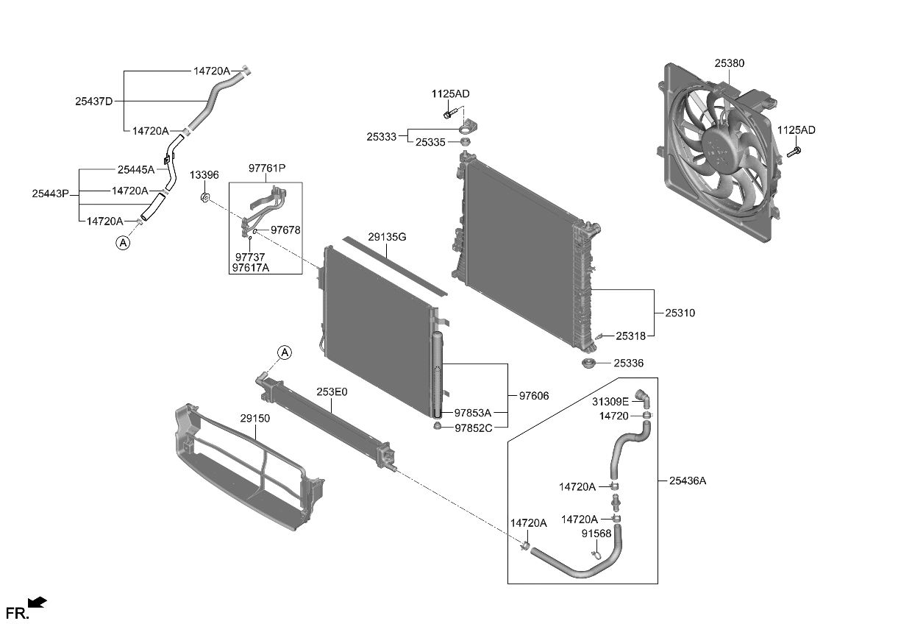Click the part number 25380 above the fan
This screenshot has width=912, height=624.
pyautogui.click(x=729, y=64)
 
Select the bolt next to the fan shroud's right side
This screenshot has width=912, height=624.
pyautogui.click(x=794, y=153)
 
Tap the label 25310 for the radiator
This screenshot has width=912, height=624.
pyautogui.click(x=680, y=313)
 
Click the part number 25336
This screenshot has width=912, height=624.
pyautogui.click(x=629, y=363)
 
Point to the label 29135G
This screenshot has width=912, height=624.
pyautogui.click(x=387, y=237)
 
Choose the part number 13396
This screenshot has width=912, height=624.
pyautogui.click(x=204, y=175)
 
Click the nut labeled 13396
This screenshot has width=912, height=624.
pyautogui.click(x=205, y=196)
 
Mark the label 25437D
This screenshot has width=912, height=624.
pyautogui.click(x=93, y=102)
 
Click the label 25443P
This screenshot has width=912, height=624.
pyautogui.click(x=50, y=194)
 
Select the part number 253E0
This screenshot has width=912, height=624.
pyautogui.click(x=332, y=392)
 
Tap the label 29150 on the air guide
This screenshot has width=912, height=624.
pyautogui.click(x=255, y=418)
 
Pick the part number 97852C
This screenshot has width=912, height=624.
pyautogui.click(x=473, y=428)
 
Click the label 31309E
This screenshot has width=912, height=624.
pyautogui.click(x=610, y=402)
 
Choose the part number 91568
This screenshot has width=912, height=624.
pyautogui.click(x=596, y=533)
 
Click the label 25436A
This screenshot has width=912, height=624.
pyautogui.click(x=688, y=481)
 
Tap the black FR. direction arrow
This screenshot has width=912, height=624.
pyautogui.click(x=38, y=603)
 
